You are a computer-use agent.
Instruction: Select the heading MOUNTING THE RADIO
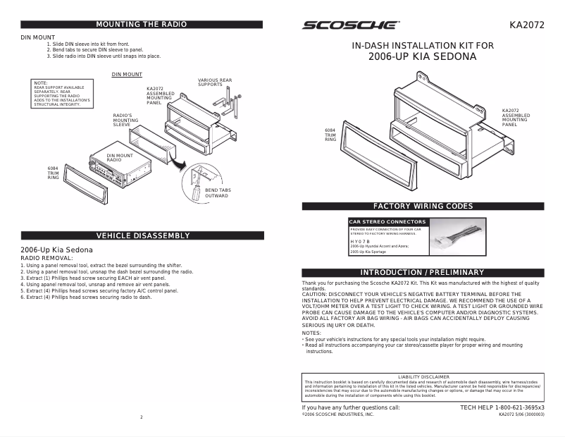click(x=141, y=25)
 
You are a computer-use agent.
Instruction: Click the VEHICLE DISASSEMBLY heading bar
click(x=142, y=235)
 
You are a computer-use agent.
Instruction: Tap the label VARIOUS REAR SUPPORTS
click(x=215, y=82)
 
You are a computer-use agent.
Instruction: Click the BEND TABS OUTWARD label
click(x=217, y=192)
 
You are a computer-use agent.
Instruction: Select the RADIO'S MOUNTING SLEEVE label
click(x=126, y=120)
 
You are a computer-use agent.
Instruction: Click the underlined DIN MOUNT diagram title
click(x=127, y=74)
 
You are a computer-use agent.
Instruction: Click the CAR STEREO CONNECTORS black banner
click(x=387, y=222)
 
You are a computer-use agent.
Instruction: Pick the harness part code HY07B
click(x=359, y=240)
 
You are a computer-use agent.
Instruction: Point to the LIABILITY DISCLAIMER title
click(x=423, y=377)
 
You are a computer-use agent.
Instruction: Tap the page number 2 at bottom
click(x=142, y=417)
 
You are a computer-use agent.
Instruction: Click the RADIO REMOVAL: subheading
click(x=44, y=259)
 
